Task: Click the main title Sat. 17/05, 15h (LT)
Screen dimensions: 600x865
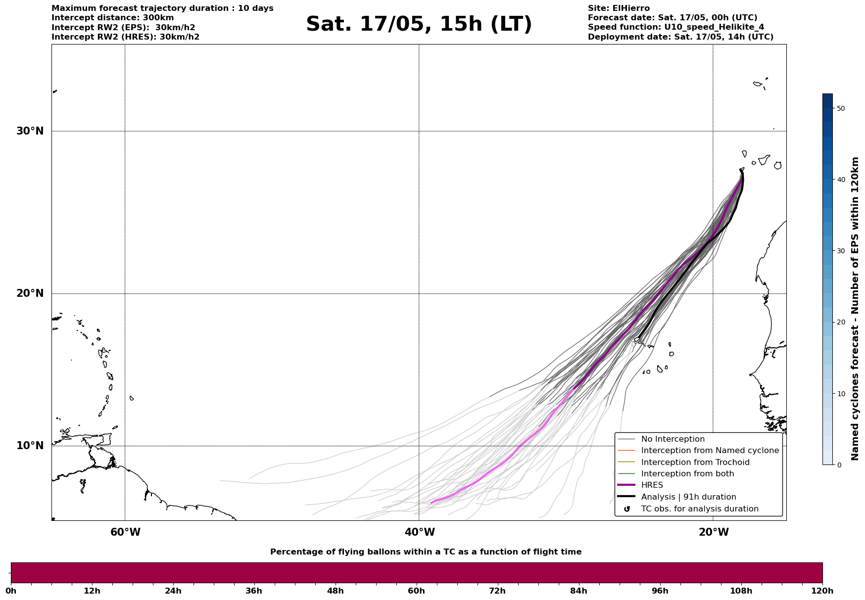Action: [419, 24]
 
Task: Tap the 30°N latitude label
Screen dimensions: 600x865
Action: [30, 131]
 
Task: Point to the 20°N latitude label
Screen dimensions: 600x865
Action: [30, 293]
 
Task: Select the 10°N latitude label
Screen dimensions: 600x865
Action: [30, 446]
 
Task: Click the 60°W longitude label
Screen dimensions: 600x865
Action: [125, 532]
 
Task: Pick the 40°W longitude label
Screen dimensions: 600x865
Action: [420, 532]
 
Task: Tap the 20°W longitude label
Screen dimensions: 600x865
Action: [714, 532]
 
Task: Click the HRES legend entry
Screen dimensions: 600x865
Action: [652, 485]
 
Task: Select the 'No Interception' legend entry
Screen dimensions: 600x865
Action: [673, 439]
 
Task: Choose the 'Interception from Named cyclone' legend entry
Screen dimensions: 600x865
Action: [710, 451]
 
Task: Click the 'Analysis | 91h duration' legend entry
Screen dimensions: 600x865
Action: [688, 497]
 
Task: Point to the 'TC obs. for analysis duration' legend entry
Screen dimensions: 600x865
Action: [700, 509]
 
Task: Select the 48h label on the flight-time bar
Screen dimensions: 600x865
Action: [335, 591]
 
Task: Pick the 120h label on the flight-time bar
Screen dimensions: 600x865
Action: [822, 591]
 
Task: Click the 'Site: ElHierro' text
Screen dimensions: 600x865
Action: [619, 8]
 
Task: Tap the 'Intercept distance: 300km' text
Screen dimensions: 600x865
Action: [113, 18]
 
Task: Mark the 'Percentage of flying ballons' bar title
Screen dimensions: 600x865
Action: [426, 552]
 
